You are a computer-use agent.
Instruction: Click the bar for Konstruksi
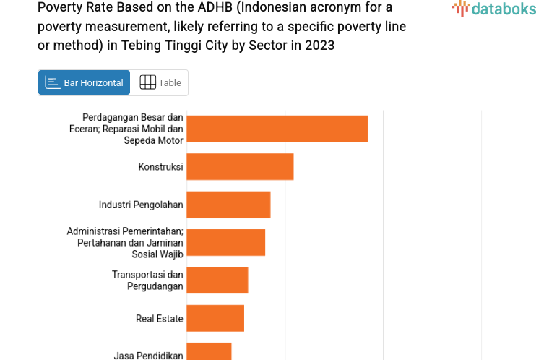[240, 167]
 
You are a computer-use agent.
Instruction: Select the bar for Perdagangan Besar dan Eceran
[277, 129]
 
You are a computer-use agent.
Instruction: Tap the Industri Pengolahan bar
[228, 205]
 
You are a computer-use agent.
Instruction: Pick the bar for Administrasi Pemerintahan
[225, 242]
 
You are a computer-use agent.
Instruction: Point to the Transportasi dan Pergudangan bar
[217, 280]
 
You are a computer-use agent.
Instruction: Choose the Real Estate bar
[215, 318]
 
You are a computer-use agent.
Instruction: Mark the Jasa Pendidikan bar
[209, 352]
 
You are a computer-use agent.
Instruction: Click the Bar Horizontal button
[85, 82]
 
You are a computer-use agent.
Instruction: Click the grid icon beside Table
[147, 82]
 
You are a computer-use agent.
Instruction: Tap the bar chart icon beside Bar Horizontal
[52, 82]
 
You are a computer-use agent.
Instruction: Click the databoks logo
[495, 9]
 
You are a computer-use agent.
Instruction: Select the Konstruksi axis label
[160, 167]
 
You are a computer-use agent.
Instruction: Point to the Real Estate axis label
[159, 319]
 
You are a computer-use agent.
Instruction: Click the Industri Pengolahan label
[141, 205]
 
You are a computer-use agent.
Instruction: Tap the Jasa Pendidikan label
[148, 355]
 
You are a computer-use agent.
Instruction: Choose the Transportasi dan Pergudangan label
[147, 280]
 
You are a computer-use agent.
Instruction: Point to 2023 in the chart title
[321, 45]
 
